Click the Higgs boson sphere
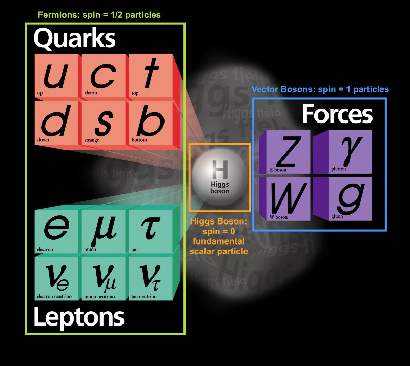(219, 177)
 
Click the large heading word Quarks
(75, 38)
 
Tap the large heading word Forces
(337, 114)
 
